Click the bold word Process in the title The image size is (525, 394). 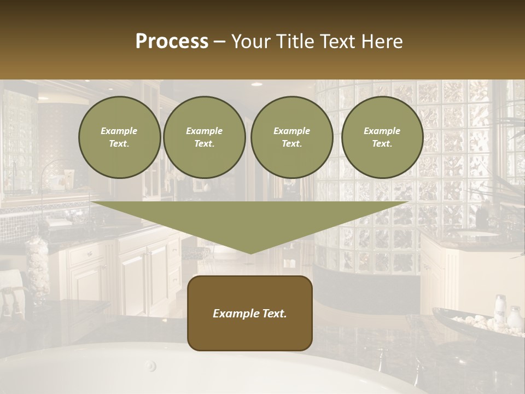tap(172, 42)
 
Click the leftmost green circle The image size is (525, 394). tap(119, 137)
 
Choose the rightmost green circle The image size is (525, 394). tap(382, 137)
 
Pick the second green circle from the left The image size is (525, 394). tap(204, 137)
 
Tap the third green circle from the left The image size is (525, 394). tap(291, 137)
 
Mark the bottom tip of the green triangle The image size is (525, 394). tap(250, 253)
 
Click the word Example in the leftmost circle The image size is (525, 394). tap(119, 131)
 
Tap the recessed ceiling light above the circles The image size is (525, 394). tap(256, 84)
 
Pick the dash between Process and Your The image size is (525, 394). tap(220, 42)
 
